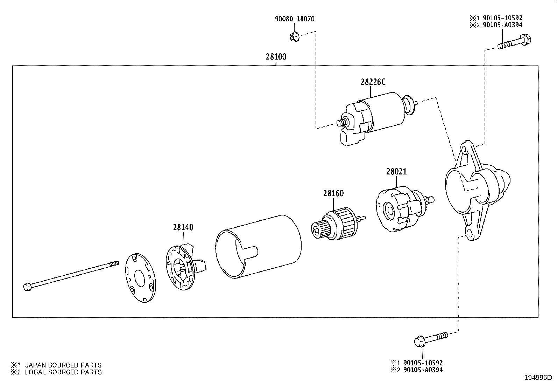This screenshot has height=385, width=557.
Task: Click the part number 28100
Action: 276,57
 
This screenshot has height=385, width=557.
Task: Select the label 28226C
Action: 373,82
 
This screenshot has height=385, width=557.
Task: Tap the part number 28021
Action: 396,172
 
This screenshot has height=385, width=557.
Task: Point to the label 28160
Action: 333,193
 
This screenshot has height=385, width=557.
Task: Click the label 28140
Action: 183,227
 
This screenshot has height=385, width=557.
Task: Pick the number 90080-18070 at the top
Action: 294,19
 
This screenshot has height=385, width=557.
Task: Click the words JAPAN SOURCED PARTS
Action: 63,365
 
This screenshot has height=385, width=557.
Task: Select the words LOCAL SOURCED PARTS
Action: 63,372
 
